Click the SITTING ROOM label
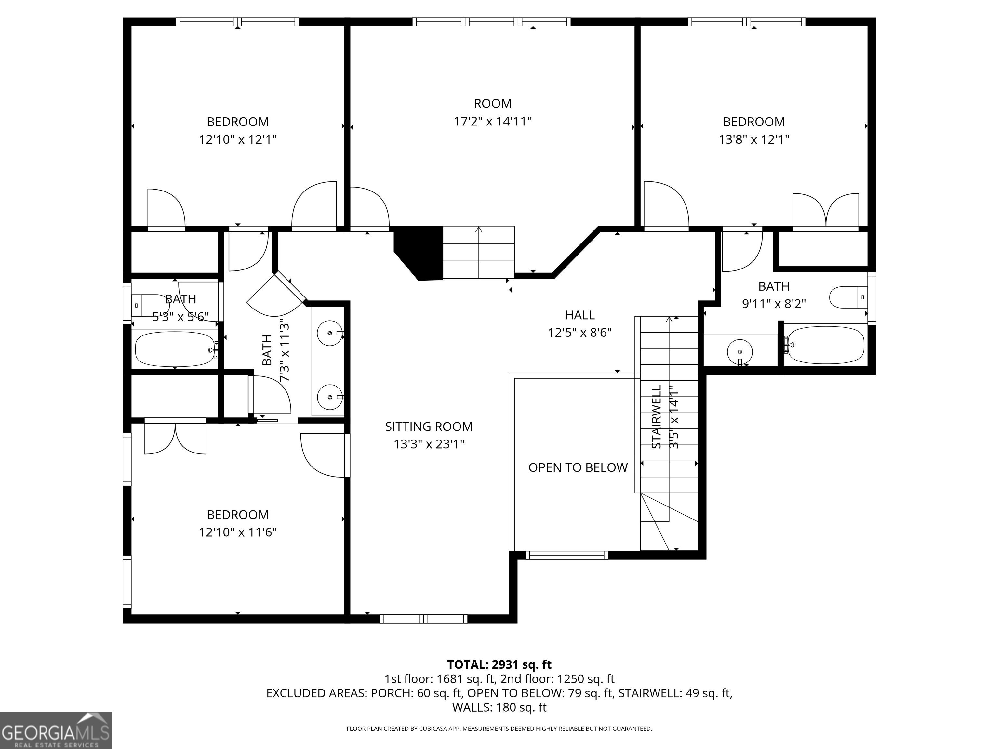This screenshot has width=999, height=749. click(429, 427)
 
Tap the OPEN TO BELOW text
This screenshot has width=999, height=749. click(578, 468)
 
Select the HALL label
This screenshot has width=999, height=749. click(580, 315)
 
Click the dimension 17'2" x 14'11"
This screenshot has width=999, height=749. click(493, 122)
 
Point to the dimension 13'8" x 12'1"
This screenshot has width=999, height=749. click(754, 139)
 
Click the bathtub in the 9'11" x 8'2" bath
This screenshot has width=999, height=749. click(825, 345)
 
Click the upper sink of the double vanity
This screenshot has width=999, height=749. click(330, 333)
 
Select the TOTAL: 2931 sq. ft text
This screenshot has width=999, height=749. click(499, 664)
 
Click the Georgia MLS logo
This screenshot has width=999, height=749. click(56, 730)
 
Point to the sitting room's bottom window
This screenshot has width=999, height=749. click(424, 619)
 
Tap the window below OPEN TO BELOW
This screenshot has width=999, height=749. click(567, 555)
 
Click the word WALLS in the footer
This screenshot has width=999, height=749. click(472, 707)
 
